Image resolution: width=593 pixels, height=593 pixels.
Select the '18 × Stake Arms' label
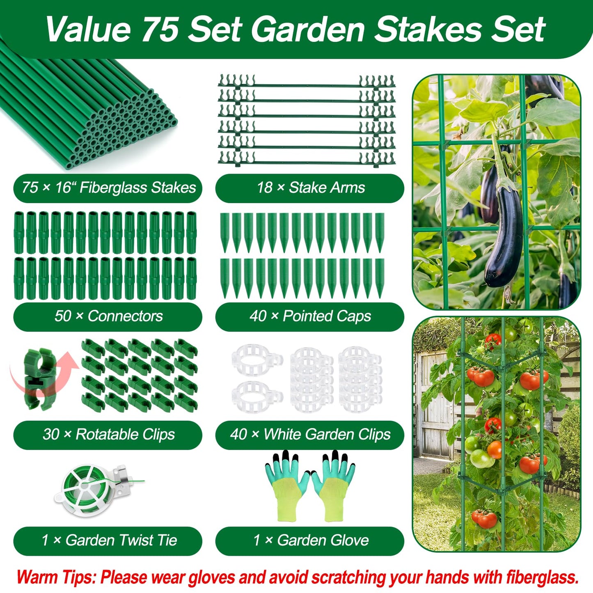coord(310,188)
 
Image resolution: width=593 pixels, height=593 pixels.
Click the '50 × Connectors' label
coord(108,316)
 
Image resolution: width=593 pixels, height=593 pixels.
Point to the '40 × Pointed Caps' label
coord(310,316)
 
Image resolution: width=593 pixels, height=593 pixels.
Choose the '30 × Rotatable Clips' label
coord(108,434)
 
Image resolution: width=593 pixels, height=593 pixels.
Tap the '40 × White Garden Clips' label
coord(310,434)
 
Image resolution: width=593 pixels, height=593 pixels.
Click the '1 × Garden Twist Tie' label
coord(108,540)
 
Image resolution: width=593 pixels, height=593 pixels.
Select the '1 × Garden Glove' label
coord(310,540)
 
